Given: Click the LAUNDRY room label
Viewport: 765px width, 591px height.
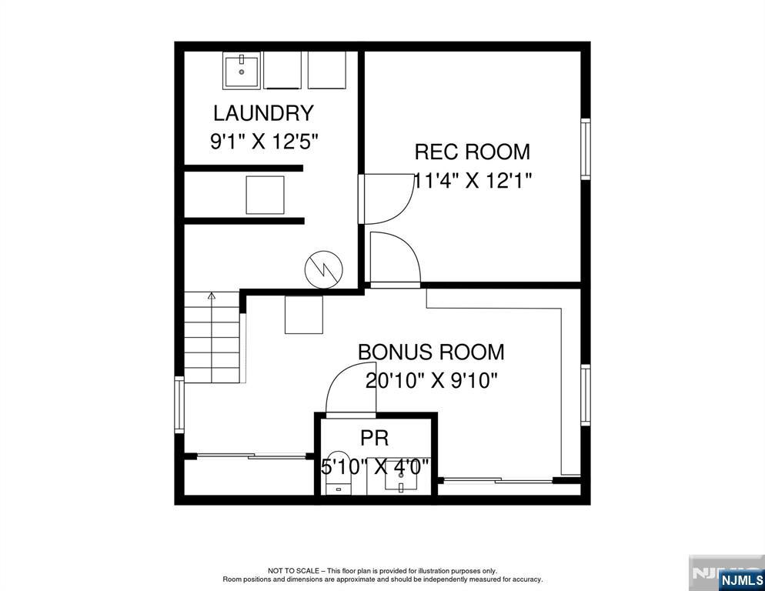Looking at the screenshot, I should point(263,113).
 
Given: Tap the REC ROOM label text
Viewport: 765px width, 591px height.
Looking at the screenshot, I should point(472,152).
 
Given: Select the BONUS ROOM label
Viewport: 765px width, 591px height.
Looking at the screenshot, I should point(431,352).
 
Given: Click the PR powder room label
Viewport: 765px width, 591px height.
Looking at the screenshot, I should point(375,439).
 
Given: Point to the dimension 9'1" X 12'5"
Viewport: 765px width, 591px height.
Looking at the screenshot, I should point(264,142).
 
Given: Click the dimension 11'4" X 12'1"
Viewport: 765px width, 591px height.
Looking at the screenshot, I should point(473,181).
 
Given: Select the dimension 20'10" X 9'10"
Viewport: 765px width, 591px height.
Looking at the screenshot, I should point(432,381).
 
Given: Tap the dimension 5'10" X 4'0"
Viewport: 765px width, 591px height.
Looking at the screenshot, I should point(375,467).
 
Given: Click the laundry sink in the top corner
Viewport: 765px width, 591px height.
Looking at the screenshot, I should point(242,70).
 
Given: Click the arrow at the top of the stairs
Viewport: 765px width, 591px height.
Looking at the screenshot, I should point(212,295).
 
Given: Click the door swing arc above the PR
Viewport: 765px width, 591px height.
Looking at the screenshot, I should point(346,385).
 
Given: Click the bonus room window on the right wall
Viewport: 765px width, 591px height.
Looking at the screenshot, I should point(586,395).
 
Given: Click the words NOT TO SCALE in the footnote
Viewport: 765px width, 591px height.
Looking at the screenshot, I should point(296,571).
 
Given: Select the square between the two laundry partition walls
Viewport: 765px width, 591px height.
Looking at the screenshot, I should point(265,195).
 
